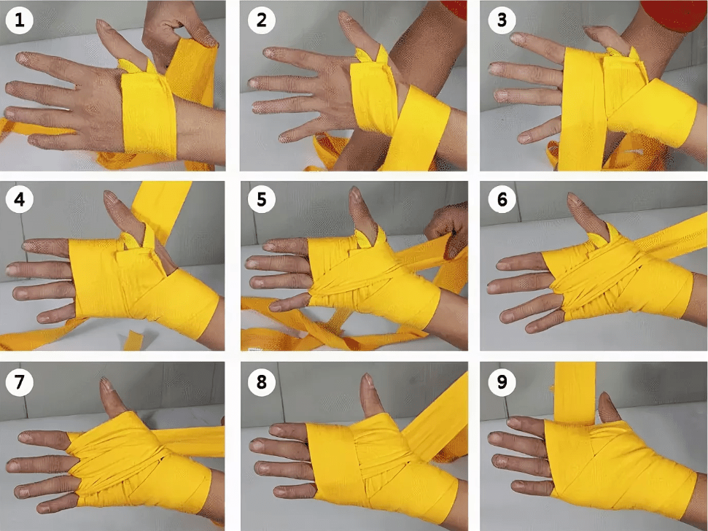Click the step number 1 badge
coord(20,20)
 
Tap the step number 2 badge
coord(262,20)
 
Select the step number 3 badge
coord(502,20)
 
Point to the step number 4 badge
coord(20,199)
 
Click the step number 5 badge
coord(262,199)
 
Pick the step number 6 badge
coord(502,199)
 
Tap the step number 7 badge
coord(20,382)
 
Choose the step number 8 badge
coord(262,382)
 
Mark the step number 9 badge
coord(502,382)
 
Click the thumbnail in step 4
coord(110,198)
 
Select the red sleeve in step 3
coord(674,15)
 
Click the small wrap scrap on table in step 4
coord(132,340)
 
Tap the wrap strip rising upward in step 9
coord(575,392)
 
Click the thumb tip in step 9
coord(604,398)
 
